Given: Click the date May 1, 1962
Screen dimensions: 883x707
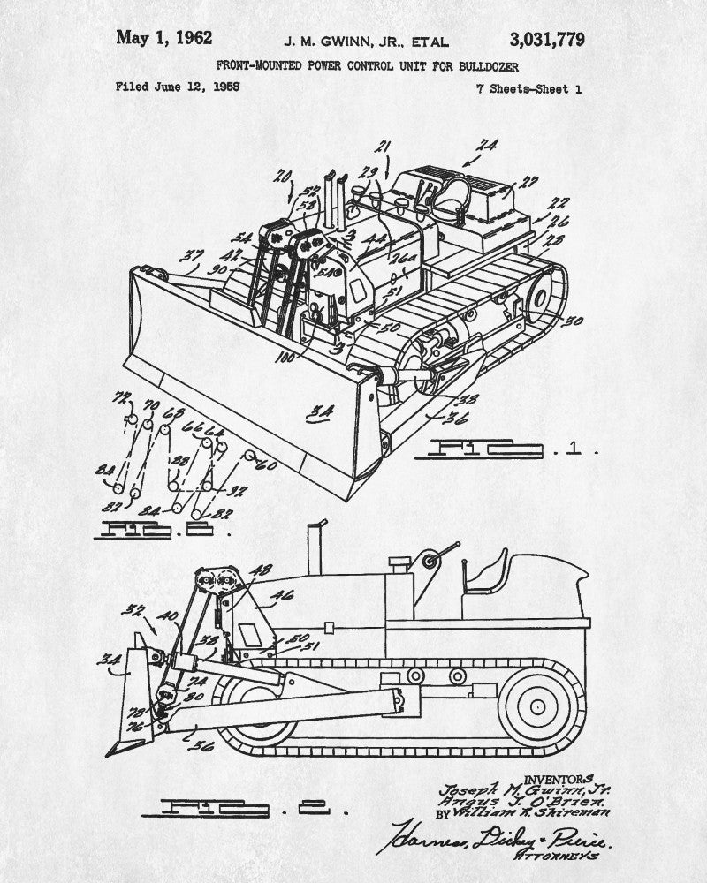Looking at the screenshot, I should [163, 38].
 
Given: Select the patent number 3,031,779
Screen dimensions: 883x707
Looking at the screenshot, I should [546, 40].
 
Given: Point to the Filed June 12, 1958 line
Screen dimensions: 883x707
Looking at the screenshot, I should [178, 87].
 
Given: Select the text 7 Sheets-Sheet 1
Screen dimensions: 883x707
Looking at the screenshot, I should [528, 87].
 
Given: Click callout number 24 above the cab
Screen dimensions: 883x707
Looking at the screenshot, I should [487, 146].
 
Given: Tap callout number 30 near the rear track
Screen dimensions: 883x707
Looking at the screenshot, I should [573, 321].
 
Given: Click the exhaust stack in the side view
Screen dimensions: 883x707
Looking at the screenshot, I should [313, 547].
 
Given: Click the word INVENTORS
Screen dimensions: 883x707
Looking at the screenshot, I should [559, 779].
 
